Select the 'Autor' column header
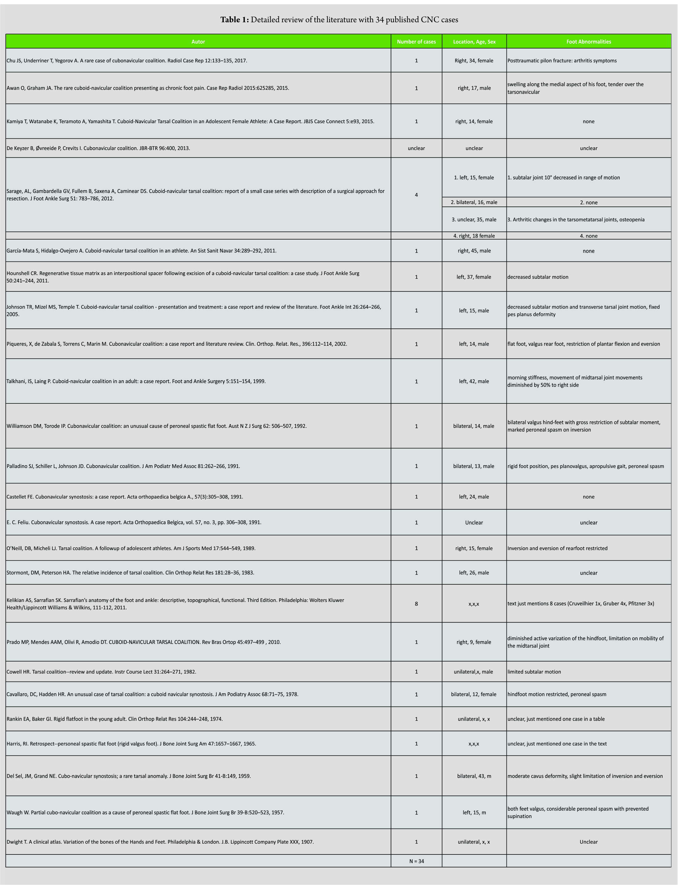pyautogui.click(x=198, y=42)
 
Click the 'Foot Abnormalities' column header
pyautogui.click(x=589, y=42)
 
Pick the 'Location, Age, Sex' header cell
pyautogui.click(x=474, y=42)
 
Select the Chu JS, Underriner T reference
pyautogui.click(x=127, y=61)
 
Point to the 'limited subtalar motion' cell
pyautogui.click(x=534, y=672)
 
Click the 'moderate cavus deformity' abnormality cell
pyautogui.click(x=585, y=776)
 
